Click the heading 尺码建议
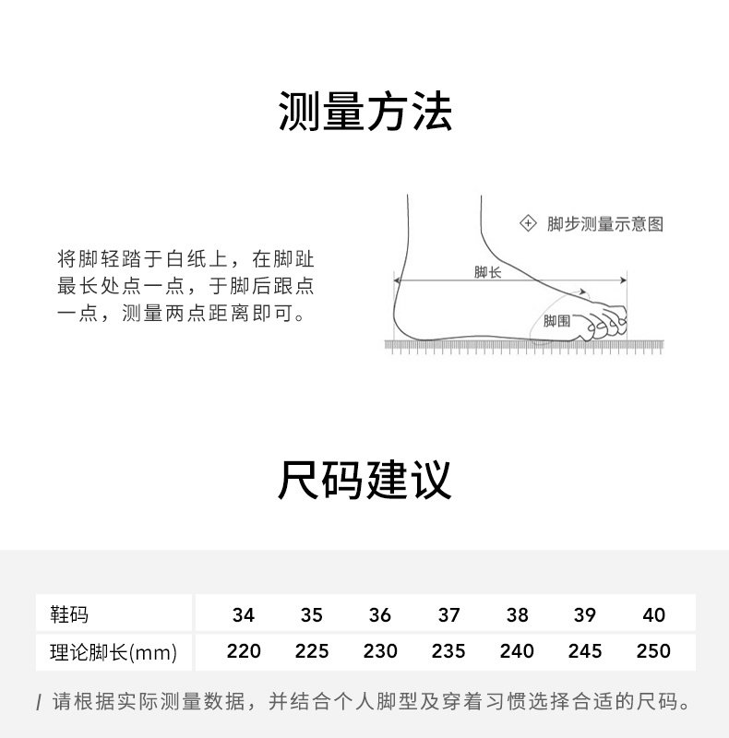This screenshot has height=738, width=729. (364, 481)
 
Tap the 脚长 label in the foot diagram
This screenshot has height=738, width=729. (487, 272)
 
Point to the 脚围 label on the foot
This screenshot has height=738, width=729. (556, 321)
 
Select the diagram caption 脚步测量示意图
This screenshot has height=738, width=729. (604, 224)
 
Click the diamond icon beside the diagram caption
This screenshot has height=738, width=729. (529, 223)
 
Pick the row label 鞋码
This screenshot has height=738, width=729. (69, 614)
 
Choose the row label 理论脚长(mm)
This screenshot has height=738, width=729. (113, 652)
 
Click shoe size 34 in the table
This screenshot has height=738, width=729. (244, 615)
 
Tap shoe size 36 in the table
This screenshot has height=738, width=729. (379, 615)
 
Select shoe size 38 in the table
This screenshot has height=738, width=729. (517, 615)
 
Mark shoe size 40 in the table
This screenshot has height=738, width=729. (653, 615)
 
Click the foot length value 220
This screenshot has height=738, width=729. (244, 651)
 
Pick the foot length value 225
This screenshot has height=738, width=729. (312, 651)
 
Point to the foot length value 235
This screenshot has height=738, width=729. (448, 651)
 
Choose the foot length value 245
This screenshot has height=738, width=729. (585, 651)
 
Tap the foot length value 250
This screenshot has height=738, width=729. (653, 651)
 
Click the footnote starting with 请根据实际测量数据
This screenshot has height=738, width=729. (369, 702)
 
